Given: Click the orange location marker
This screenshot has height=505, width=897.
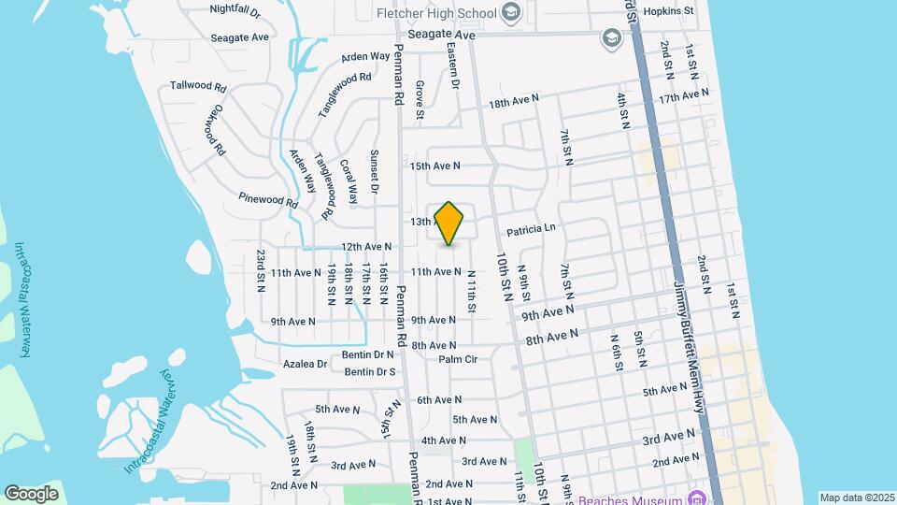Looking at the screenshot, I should (x=449, y=223).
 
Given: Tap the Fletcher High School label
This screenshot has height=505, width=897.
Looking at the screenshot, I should (x=434, y=12).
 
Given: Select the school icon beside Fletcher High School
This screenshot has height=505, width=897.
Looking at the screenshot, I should (x=510, y=12).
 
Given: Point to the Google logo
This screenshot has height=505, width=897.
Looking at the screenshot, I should (x=31, y=493).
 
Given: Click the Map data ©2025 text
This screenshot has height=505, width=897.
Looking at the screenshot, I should (x=857, y=498).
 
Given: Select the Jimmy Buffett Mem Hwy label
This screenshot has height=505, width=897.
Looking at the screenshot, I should (x=688, y=346).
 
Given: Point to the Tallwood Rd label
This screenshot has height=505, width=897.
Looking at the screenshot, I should (x=198, y=86).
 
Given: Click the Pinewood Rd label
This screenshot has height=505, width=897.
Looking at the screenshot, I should (x=267, y=198).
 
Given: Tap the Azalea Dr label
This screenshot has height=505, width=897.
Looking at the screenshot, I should (x=308, y=364).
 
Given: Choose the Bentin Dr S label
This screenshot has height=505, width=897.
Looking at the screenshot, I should (x=370, y=372).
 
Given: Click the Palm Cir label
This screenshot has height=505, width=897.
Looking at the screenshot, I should (x=458, y=359).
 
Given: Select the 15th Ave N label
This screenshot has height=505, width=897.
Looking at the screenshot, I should (x=435, y=166).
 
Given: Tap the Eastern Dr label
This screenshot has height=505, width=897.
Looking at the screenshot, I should (x=454, y=65).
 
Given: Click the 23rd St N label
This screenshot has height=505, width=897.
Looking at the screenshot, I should (x=262, y=271).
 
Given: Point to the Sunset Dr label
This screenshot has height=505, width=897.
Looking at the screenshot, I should (x=374, y=172).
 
